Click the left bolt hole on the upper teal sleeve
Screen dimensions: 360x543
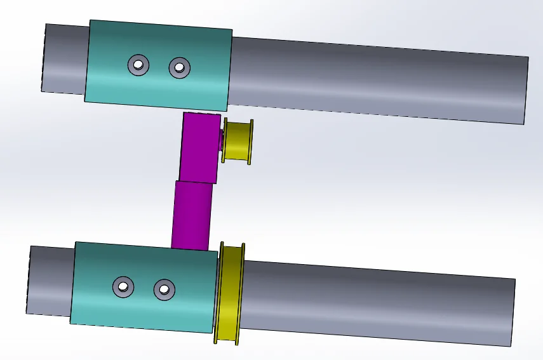[x=138, y=64]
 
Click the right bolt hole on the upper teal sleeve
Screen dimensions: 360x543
[x=179, y=67]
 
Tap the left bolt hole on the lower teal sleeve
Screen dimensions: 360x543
[x=123, y=287]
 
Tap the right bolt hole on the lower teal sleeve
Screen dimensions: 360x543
[x=164, y=290]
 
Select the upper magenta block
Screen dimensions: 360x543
[x=199, y=148]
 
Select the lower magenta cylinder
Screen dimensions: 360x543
[x=192, y=215]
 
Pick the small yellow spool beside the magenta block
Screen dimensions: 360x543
[x=238, y=141]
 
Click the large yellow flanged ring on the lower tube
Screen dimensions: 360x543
[x=230, y=293]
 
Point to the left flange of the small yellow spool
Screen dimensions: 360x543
[x=224, y=140]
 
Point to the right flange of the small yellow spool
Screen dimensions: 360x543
[x=251, y=142]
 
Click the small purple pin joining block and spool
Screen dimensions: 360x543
[x=220, y=139]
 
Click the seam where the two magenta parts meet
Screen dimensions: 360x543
[x=196, y=182]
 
